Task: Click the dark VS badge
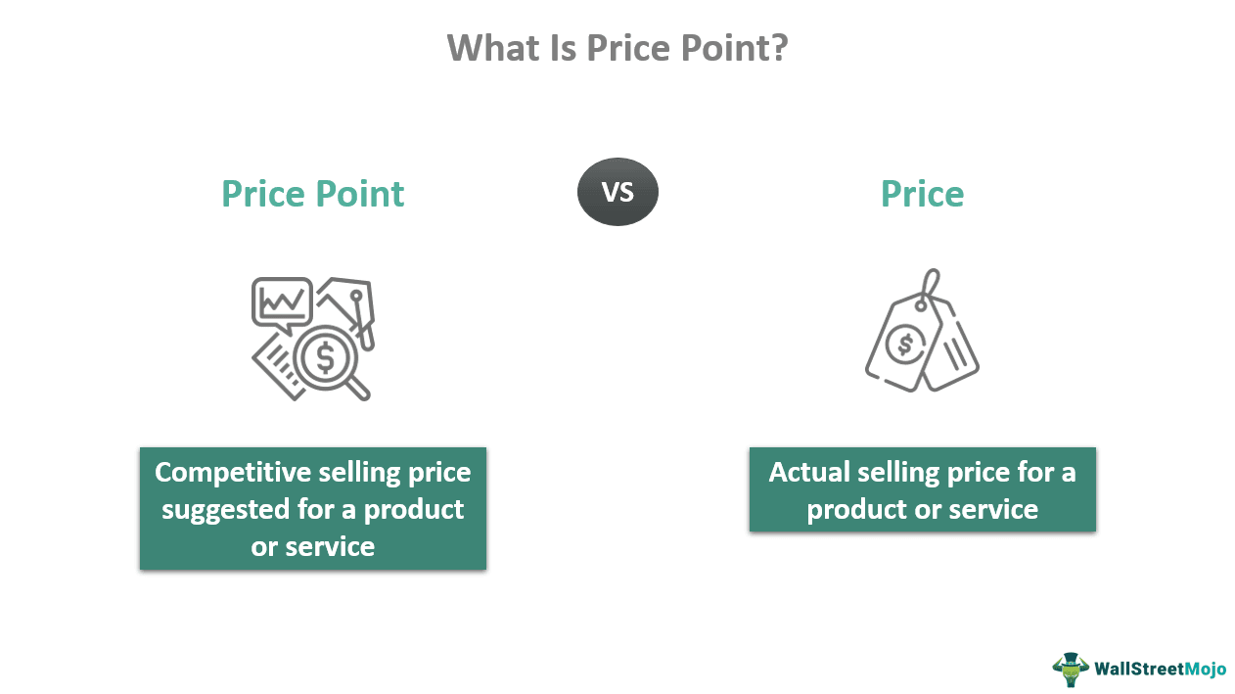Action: (x=617, y=192)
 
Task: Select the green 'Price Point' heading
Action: (x=312, y=194)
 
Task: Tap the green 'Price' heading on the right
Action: (x=922, y=194)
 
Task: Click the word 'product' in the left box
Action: (x=414, y=509)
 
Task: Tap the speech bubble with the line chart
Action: (x=282, y=302)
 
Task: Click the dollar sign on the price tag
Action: (x=906, y=344)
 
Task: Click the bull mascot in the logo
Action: (x=1070, y=669)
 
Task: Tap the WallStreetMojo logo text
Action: (x=1160, y=670)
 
